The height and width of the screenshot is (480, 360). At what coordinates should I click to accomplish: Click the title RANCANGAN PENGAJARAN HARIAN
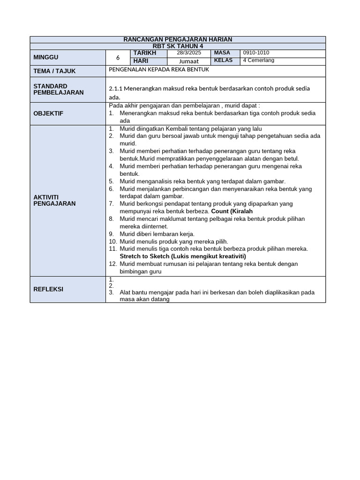click(x=178, y=39)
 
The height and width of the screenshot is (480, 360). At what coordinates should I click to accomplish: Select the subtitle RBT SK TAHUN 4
click(x=178, y=46)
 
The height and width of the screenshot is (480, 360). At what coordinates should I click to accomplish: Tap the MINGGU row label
click(x=46, y=57)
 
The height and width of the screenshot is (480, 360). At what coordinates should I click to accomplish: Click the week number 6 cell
click(x=118, y=58)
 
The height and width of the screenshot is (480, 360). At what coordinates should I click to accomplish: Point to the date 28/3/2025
click(x=189, y=53)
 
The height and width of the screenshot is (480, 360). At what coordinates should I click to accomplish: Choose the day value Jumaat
click(x=189, y=61)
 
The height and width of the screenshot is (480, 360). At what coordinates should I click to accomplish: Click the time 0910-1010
click(x=256, y=53)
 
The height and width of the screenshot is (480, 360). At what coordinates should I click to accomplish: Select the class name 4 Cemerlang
click(x=259, y=60)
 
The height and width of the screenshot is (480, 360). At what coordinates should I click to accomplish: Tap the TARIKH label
click(x=145, y=53)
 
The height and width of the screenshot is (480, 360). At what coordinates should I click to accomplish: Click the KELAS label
click(x=223, y=60)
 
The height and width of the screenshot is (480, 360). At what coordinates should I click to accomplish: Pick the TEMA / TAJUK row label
click(x=54, y=71)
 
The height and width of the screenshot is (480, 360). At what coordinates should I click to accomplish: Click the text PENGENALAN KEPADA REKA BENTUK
click(x=158, y=69)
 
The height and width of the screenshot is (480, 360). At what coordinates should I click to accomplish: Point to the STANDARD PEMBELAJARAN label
click(x=59, y=89)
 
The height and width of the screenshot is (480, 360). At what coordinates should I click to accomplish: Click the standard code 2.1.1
click(x=116, y=89)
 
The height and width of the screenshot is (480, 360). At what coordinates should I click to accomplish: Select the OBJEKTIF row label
click(x=48, y=113)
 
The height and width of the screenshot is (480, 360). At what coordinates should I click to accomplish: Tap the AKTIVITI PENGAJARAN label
click(x=54, y=200)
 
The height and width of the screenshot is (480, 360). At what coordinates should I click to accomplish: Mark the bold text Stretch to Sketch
click(x=144, y=256)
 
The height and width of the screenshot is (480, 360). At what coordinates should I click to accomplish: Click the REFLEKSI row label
click(x=48, y=289)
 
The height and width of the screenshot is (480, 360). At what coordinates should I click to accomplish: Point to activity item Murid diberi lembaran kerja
click(x=157, y=234)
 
